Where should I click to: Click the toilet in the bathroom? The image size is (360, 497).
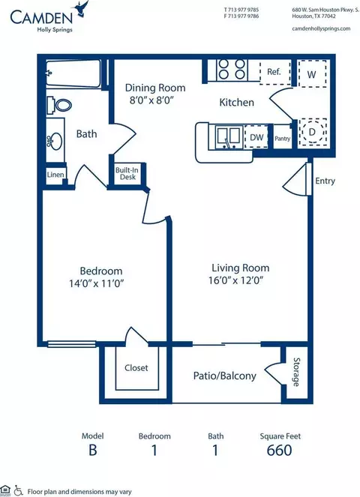59,105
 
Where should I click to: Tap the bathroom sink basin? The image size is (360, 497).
56,141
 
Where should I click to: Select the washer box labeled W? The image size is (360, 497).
311,74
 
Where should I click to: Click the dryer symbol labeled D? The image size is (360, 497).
313,132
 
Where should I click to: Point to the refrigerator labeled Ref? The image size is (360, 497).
275,72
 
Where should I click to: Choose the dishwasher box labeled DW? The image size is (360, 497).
256,137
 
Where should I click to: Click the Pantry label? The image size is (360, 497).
282,139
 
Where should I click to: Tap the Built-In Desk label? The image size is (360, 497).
127,173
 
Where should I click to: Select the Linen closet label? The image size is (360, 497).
55,175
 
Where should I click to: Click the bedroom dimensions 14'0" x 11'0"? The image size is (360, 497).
96,283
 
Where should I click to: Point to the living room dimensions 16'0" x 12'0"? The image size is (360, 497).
236,280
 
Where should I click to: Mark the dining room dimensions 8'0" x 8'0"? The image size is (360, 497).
151,100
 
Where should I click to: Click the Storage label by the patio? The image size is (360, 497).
296,372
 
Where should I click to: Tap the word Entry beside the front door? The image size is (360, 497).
325,181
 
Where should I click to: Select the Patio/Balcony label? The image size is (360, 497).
224,376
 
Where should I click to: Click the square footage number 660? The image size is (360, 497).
279,450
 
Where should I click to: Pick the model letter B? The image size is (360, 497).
92,451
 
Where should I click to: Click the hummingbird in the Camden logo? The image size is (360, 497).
81,8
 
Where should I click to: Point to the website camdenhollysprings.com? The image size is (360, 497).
321,28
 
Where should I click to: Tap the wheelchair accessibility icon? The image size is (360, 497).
19,491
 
